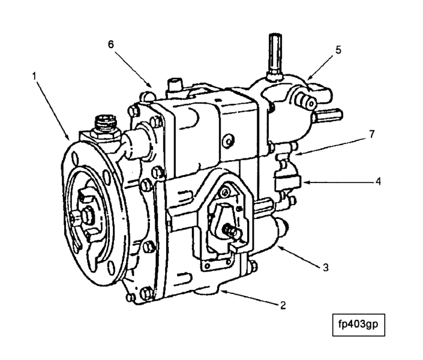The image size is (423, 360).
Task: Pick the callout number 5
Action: [338, 50]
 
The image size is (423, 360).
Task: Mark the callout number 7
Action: [372, 134]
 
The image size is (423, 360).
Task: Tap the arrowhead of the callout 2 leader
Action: [221, 291]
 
